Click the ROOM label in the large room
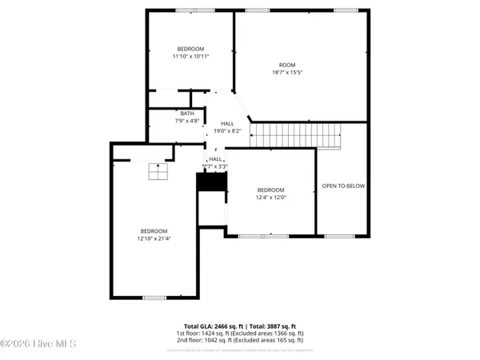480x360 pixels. coord(286,65)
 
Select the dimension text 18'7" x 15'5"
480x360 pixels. coord(286,72)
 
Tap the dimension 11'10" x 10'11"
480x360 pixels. coord(190,57)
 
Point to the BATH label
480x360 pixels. coord(186,114)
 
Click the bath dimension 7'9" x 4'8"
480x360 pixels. coord(186,121)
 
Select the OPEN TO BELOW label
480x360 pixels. coord(343,186)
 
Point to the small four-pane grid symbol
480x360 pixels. coord(158,170)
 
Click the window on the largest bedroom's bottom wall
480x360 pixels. coord(154,298)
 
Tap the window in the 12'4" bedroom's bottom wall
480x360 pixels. coord(264,236)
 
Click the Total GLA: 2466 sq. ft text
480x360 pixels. coord(211,326)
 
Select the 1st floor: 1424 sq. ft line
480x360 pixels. coord(240,334)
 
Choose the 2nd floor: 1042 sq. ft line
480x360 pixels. coord(240,340)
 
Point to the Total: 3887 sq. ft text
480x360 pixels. coord(270,326)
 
